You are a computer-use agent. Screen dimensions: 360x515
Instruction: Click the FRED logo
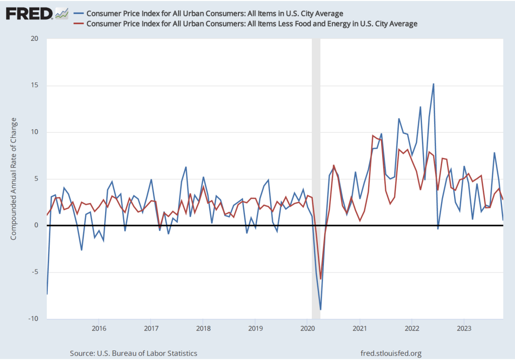point(29,13)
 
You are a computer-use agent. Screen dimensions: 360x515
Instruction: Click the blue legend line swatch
point(79,13)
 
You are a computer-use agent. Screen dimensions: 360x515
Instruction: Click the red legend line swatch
point(79,23)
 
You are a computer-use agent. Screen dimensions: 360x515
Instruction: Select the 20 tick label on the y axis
point(35,39)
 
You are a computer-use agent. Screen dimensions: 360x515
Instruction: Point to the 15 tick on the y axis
point(35,85)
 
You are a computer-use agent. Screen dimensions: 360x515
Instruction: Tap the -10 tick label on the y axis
point(34,319)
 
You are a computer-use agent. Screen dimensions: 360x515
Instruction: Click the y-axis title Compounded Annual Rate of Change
point(14,178)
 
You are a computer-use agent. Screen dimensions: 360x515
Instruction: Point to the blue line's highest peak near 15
point(434,84)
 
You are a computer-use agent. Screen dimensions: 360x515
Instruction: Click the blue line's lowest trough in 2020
point(320,309)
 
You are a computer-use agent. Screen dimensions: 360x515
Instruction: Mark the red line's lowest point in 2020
point(320,279)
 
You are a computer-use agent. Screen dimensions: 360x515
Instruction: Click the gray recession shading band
point(316,151)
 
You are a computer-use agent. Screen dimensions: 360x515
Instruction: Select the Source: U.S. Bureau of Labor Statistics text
point(133,353)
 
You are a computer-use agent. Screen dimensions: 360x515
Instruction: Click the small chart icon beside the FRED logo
point(62,13)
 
